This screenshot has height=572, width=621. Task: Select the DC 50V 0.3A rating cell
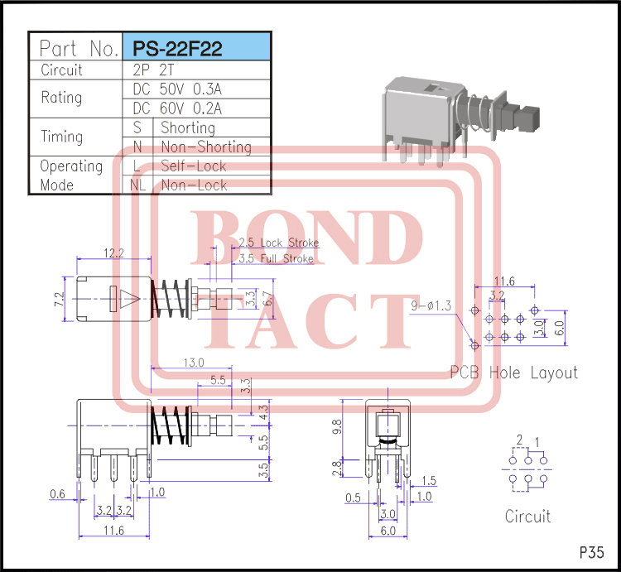(x=177, y=89)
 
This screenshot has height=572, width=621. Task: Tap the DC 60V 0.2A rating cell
(x=177, y=108)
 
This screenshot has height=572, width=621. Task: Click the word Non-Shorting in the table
(x=205, y=147)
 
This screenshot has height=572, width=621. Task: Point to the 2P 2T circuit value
(x=149, y=70)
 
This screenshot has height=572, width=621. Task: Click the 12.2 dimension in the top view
(x=114, y=252)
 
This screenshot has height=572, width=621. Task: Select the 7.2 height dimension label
(x=58, y=299)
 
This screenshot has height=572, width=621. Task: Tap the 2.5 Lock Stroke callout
(x=277, y=243)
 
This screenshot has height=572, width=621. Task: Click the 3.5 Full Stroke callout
(x=276, y=259)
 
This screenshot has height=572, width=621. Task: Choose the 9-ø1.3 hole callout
(x=431, y=307)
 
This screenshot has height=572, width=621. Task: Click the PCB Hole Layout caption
(x=513, y=373)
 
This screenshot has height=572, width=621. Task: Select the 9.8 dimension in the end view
(x=335, y=428)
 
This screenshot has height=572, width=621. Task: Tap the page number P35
(x=591, y=552)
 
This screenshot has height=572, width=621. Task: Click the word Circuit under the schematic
(x=527, y=517)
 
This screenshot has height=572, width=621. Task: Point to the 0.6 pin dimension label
(x=57, y=494)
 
